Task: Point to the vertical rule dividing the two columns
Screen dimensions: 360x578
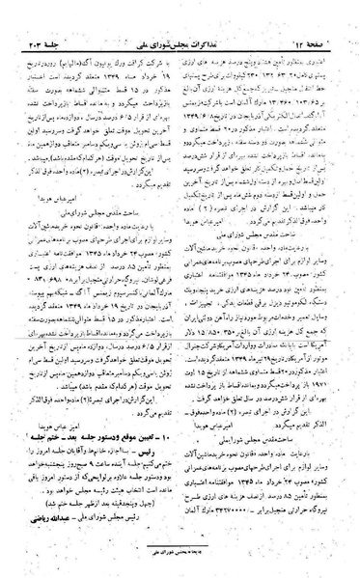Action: [180, 289]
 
